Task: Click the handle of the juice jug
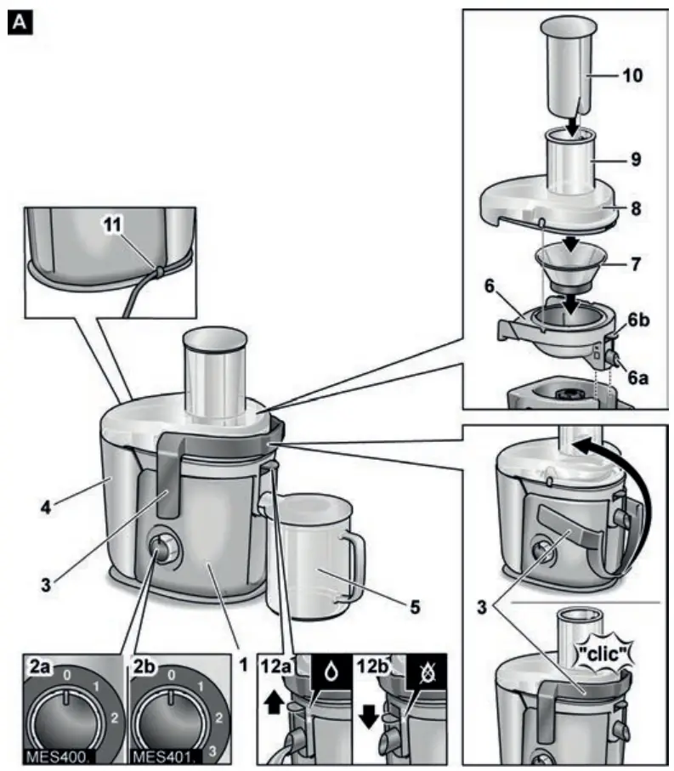(355, 561)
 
